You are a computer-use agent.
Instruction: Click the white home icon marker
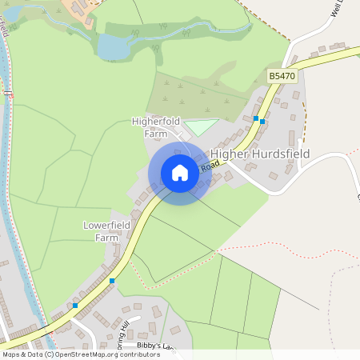[x=180, y=173]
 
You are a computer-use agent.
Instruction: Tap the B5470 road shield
[x=282, y=75]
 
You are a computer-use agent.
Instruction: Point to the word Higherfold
[x=157, y=122]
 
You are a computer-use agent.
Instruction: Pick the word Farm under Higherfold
[x=155, y=134]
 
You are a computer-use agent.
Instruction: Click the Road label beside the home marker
[x=210, y=166]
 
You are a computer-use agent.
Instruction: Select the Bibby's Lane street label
[x=154, y=346]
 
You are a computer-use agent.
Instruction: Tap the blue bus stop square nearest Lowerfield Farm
[x=112, y=281]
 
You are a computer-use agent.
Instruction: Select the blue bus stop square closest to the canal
[x=75, y=306]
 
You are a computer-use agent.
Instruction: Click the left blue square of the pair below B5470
[x=256, y=119]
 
